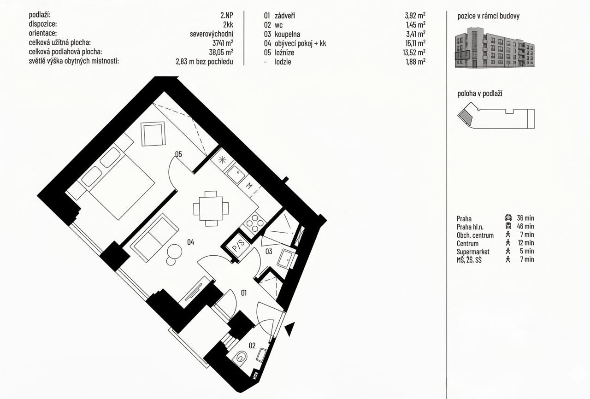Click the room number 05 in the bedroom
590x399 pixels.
pyautogui.click(x=178, y=154)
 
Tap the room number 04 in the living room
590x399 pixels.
pyautogui.click(x=191, y=242)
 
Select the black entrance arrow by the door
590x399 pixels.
pyautogui.click(x=289, y=329)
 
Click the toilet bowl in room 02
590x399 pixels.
pyautogui.click(x=241, y=358)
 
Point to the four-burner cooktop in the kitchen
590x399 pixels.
pyautogui.click(x=254, y=223)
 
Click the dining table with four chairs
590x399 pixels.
pyautogui.click(x=211, y=208)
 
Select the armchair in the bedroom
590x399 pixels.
pyautogui.click(x=153, y=134)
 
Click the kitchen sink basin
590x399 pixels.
pyautogui.click(x=236, y=173)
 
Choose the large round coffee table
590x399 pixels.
pyautogui.click(x=175, y=252)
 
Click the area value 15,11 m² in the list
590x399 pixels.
pyautogui.click(x=415, y=43)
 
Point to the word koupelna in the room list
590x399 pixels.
pyautogui.click(x=287, y=34)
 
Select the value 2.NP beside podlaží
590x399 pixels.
pyautogui.click(x=227, y=15)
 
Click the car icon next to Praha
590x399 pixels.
pyautogui.click(x=508, y=217)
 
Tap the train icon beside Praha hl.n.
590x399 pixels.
pyautogui.click(x=508, y=226)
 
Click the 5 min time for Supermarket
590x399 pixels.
pyautogui.click(x=527, y=251)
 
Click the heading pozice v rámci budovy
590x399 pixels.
pyautogui.click(x=488, y=16)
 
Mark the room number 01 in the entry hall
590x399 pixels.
pyautogui.click(x=244, y=293)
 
